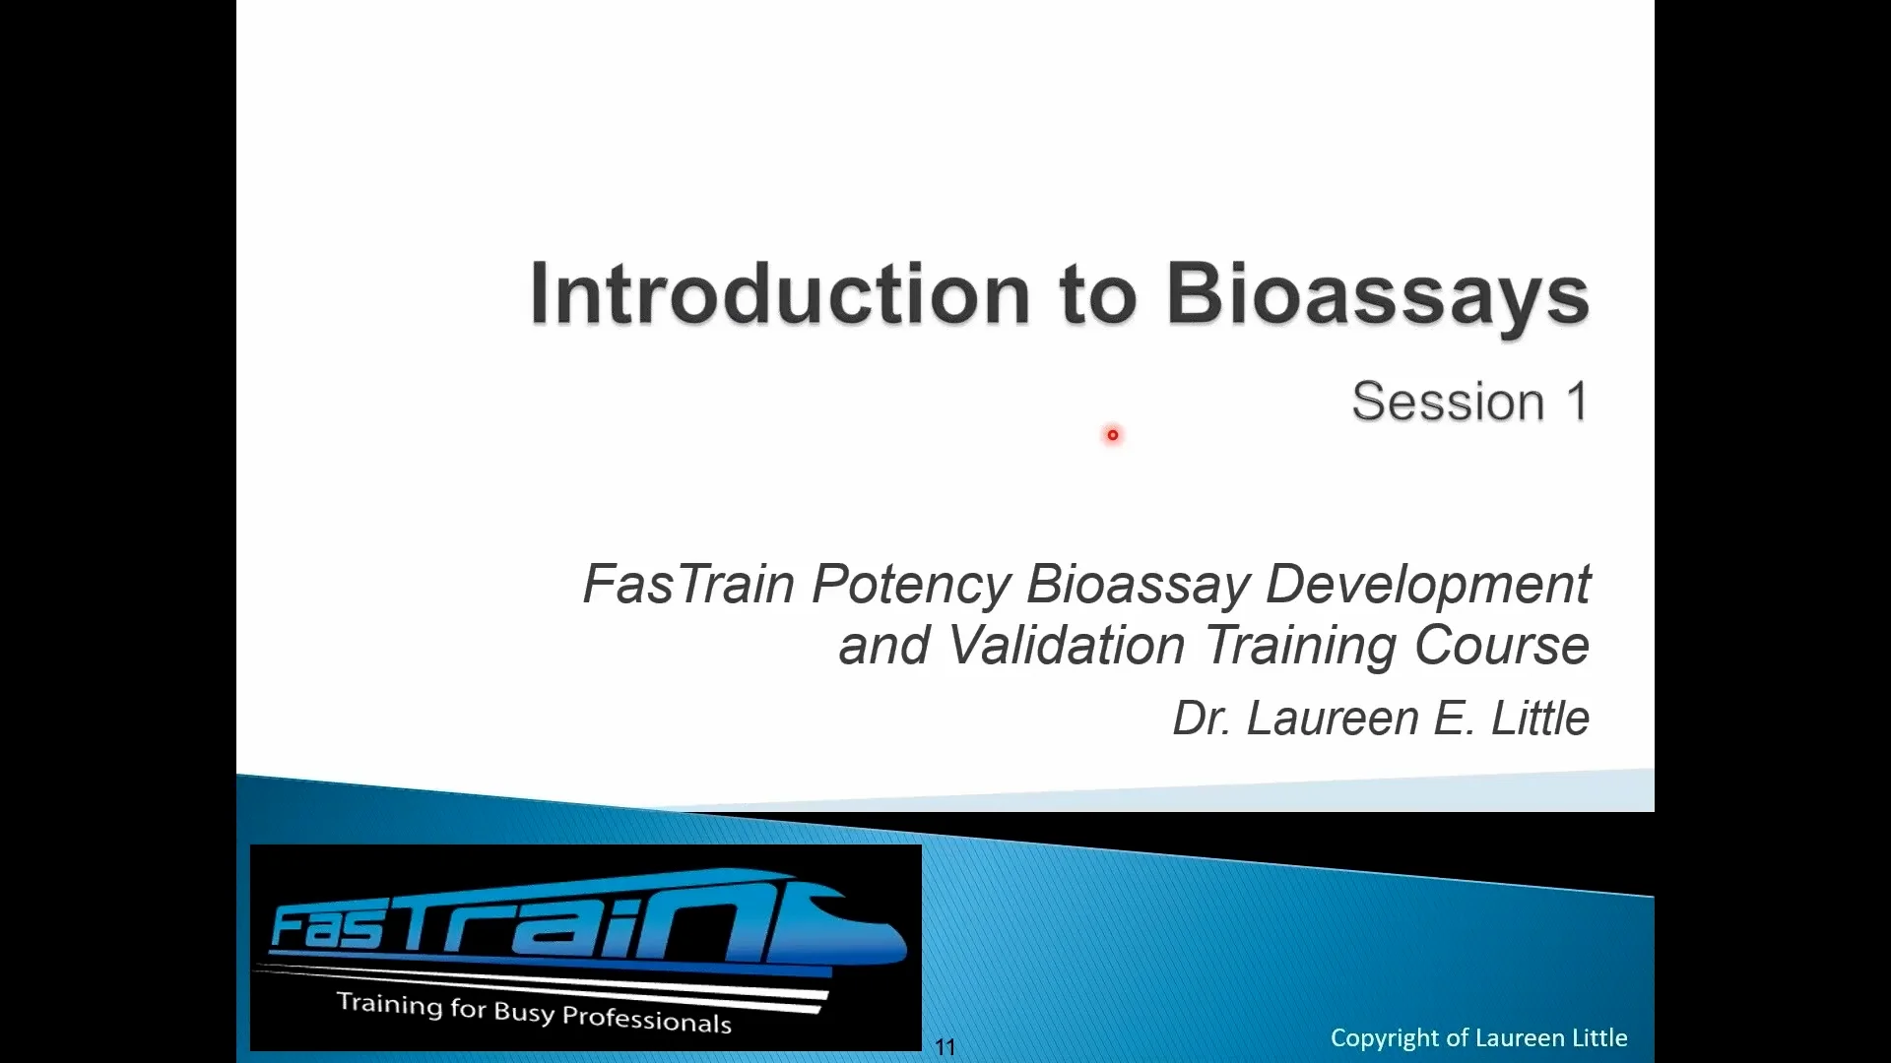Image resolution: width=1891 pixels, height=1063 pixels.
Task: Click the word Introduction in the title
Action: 778,293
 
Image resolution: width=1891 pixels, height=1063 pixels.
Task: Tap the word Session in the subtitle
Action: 1447,402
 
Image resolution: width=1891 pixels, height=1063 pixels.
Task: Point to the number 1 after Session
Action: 1577,402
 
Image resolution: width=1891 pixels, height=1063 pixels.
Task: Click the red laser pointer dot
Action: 1113,435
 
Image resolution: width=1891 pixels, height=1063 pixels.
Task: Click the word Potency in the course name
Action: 910,586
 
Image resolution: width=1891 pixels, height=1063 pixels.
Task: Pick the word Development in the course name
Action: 1426,586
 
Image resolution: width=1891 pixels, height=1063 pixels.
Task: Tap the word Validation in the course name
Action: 1066,646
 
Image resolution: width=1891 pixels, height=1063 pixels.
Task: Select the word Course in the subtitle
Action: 1501,646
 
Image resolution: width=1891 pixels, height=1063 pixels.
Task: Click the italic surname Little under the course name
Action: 1539,719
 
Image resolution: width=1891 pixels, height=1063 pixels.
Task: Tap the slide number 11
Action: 945,1047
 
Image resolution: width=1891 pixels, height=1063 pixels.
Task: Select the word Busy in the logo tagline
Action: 524,1011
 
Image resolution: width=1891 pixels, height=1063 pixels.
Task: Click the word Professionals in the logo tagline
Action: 646,1019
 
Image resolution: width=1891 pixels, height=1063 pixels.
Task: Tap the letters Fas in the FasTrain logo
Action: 325,927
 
